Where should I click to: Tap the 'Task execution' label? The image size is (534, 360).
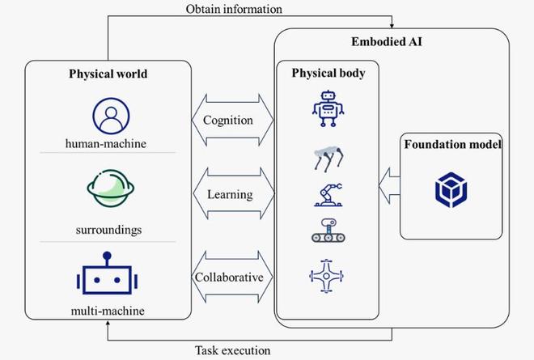click(x=232, y=350)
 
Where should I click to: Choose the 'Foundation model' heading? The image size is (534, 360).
click(x=451, y=145)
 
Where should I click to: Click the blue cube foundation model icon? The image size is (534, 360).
click(x=451, y=190)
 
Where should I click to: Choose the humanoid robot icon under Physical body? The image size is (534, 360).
click(x=326, y=108)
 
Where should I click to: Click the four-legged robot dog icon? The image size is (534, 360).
click(x=327, y=159)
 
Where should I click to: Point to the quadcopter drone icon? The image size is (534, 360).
click(x=326, y=275)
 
